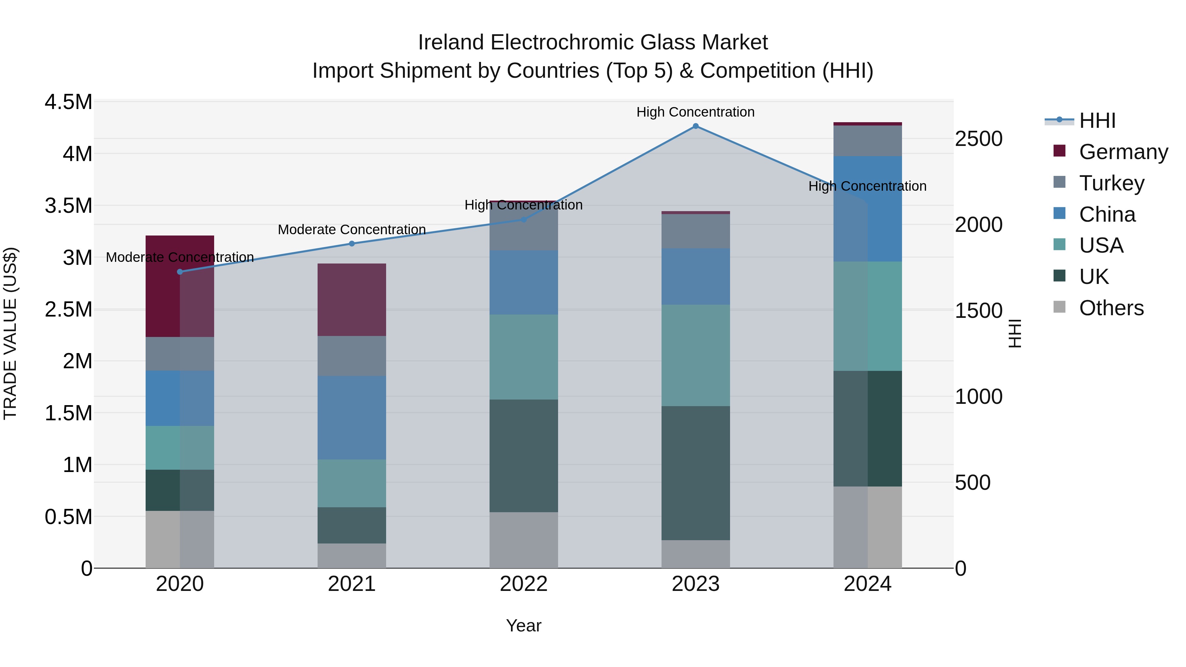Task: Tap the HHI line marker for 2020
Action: point(180,272)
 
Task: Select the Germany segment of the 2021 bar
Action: point(352,300)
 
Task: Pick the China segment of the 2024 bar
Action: point(867,208)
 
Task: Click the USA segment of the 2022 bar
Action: point(523,357)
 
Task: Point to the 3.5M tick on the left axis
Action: point(69,206)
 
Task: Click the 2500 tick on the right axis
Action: point(978,139)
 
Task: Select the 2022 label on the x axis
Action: point(523,584)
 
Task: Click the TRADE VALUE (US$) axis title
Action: point(10,333)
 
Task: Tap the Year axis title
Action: point(523,625)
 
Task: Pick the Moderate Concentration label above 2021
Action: point(352,229)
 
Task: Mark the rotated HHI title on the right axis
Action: point(1015,333)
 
